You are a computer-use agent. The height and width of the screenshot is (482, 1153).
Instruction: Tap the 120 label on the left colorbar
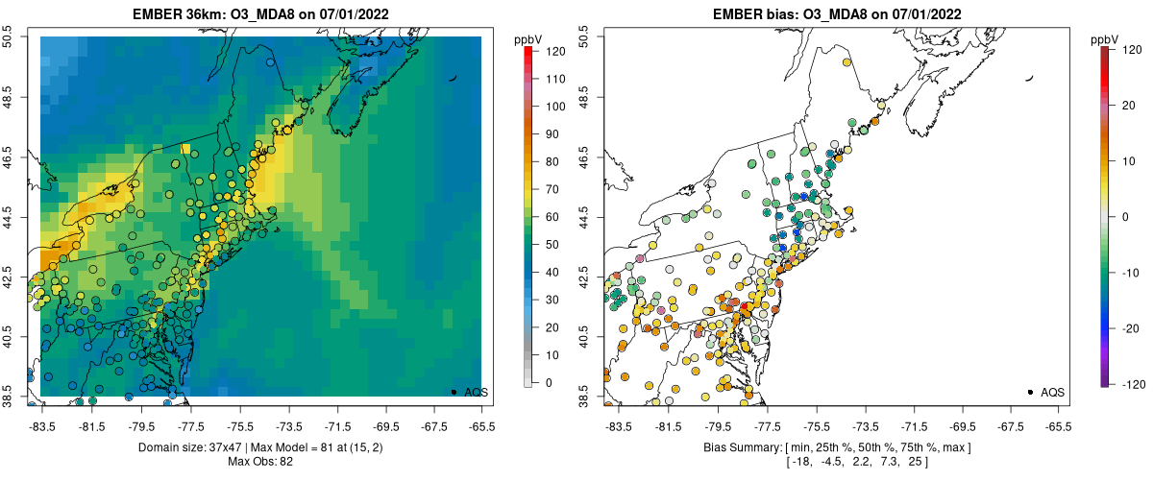(x=553, y=52)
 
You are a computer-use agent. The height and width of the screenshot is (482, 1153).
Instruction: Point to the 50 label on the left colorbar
(x=551, y=245)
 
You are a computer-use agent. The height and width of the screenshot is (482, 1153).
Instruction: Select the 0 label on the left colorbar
(x=548, y=382)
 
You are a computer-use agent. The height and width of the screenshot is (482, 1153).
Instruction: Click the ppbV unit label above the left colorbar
(x=528, y=39)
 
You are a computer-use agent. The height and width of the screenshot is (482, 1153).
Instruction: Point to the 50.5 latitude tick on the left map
(x=9, y=36)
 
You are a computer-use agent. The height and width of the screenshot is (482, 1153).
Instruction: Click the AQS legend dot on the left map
(x=454, y=392)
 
